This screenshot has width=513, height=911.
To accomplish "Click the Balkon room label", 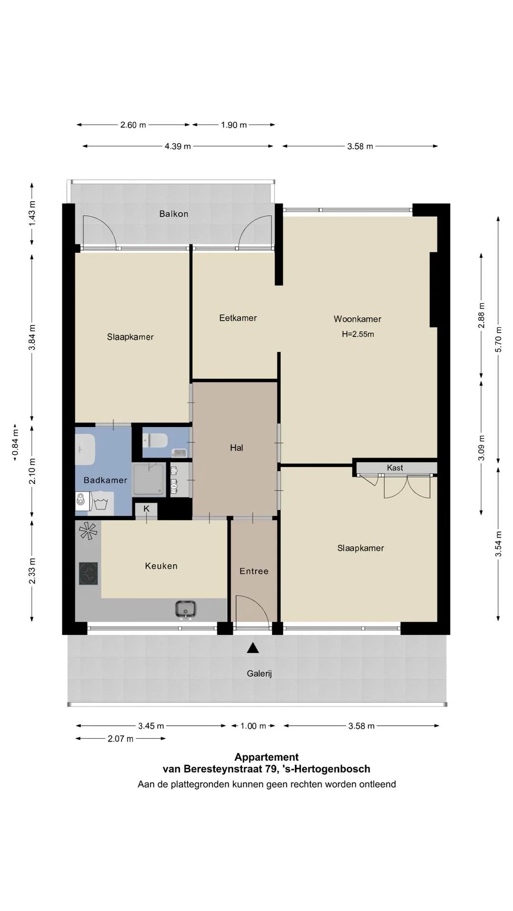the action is pos(174,214).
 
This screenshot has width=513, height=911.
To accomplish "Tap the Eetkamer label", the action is pos(238,318).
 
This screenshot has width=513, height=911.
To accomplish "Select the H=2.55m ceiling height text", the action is pos(358,334).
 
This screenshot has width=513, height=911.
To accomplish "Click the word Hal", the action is pos(237,447).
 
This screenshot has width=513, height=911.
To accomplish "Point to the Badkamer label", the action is pos(105,480).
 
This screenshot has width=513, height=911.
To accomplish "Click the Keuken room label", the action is pos(161,566).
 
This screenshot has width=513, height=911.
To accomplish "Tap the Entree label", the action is pos(254,571).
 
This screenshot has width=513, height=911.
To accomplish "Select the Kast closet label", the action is pos(395,468).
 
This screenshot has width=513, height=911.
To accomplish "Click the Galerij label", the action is pos(259,673).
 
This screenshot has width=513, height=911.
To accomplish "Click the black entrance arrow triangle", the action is pos(253,648).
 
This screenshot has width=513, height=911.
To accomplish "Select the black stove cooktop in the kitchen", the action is pos(88,574).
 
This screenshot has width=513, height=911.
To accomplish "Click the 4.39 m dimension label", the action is pos(178,146).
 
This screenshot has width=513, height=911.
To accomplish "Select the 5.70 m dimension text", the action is pos(498,340).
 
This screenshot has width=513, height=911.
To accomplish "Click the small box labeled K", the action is pos(146,509).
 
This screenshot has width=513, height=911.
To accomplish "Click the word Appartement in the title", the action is pos(266,757).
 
